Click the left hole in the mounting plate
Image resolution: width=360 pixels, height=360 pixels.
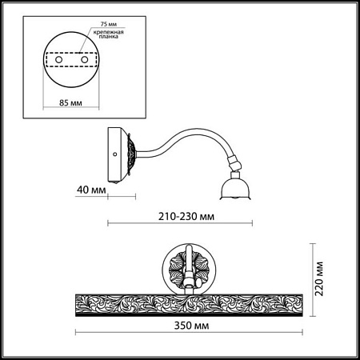pos(58,61)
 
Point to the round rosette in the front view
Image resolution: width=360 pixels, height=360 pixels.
pos(188,267)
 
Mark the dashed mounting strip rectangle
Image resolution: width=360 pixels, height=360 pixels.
pos(70,61)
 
